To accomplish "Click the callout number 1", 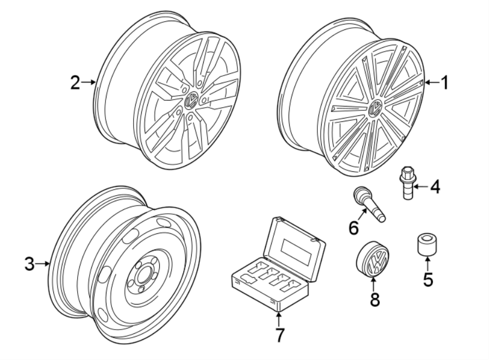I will point(444,83).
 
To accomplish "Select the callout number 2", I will point(74,83).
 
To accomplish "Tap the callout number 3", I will point(29,265).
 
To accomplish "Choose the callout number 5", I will point(428,281).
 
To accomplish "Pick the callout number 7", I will point(279,335).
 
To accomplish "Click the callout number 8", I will point(374,300).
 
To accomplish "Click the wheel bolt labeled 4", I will point(405,183).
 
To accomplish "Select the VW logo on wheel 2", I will point(192,100).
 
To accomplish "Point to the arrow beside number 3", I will point(43,265).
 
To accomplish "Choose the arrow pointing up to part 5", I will point(428,265).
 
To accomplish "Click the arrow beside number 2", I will point(89,83).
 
